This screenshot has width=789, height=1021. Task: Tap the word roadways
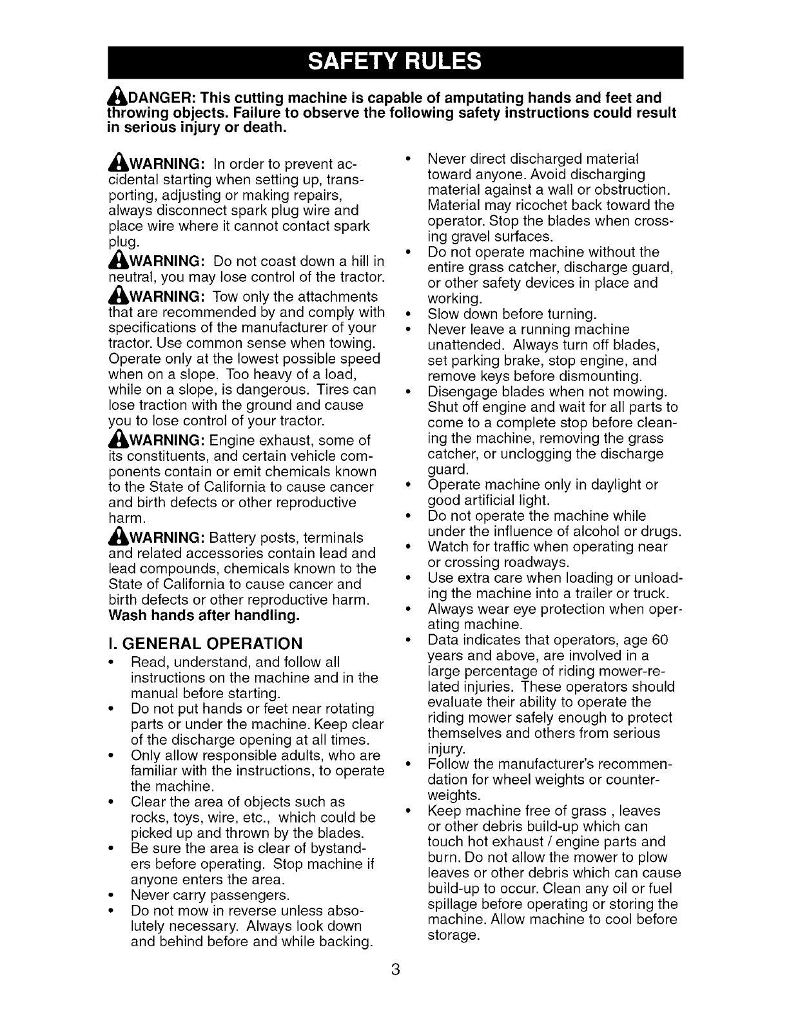[536, 563]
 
